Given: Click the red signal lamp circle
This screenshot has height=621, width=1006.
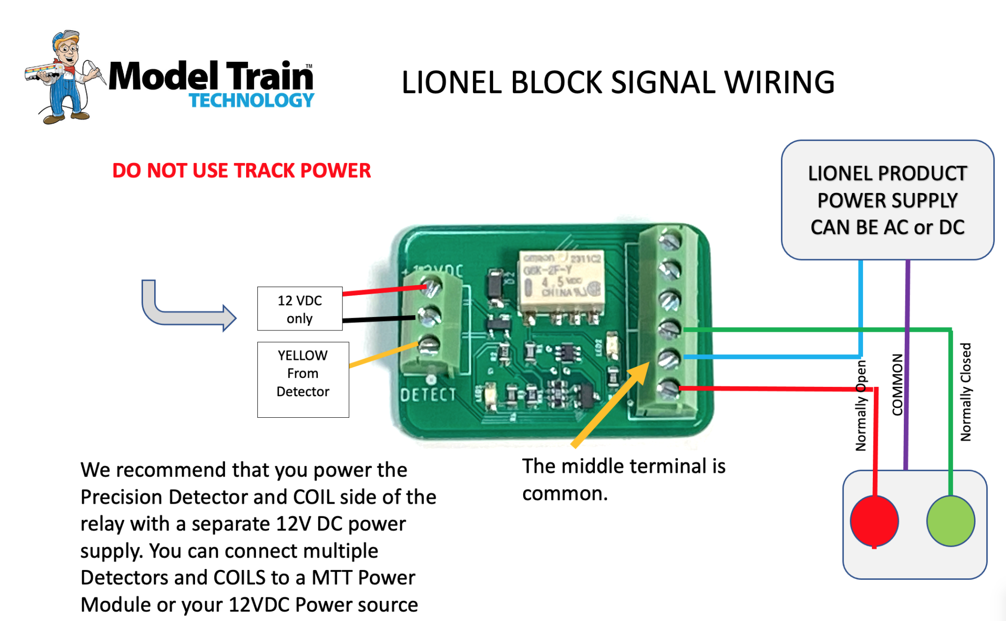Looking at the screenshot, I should (874, 521).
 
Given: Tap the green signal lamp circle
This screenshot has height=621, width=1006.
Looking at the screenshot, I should (950, 521).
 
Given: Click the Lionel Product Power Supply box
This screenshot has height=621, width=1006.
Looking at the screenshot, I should (887, 200).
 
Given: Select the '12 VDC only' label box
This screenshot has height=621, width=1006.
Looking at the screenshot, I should (300, 309).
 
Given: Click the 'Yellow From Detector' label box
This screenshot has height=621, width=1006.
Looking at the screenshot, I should (303, 379).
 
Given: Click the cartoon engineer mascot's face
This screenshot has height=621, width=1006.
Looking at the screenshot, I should (68, 50).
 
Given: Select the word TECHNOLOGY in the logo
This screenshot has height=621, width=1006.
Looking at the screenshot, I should (251, 101).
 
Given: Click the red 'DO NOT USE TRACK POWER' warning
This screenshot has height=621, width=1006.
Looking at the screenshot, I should (241, 171).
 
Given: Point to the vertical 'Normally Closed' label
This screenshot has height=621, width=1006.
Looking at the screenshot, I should (965, 392).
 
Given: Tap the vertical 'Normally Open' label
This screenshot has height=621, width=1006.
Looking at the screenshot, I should (861, 405).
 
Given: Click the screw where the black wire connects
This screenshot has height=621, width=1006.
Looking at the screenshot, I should (430, 316).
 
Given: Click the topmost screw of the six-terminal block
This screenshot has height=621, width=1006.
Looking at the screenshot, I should (669, 241).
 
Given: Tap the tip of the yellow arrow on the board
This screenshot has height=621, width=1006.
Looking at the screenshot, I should (648, 364).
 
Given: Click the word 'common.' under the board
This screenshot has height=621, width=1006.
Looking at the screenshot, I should (565, 493).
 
